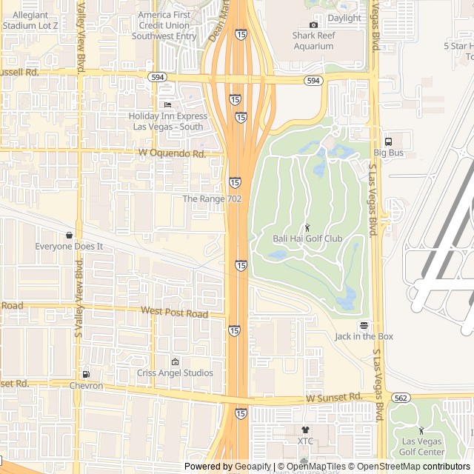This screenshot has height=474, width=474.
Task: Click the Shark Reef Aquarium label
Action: (x=313, y=40)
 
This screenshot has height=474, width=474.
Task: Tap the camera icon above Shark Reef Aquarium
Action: (x=313, y=24)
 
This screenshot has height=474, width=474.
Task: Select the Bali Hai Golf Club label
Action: (x=307, y=238)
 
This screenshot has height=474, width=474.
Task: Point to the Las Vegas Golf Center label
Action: (x=422, y=447)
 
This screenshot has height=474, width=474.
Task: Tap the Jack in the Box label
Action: (x=364, y=336)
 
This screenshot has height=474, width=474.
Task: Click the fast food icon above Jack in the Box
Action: (x=364, y=325)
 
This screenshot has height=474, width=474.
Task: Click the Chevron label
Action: (x=86, y=386)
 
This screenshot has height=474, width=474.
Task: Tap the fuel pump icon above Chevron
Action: (x=87, y=374)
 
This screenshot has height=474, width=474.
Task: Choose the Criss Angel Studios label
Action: (x=175, y=373)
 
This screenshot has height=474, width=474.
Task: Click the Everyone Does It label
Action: (x=69, y=246)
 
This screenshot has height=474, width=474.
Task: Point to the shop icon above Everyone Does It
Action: (x=69, y=235)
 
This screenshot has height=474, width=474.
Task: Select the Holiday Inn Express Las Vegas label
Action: (x=167, y=121)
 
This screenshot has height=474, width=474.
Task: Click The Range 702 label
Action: (x=212, y=199)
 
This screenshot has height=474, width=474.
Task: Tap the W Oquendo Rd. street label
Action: (x=172, y=153)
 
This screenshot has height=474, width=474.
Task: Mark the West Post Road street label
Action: (x=174, y=313)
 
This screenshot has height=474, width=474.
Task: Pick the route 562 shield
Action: (x=401, y=397)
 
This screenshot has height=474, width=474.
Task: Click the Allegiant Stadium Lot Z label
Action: (x=30, y=20)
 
